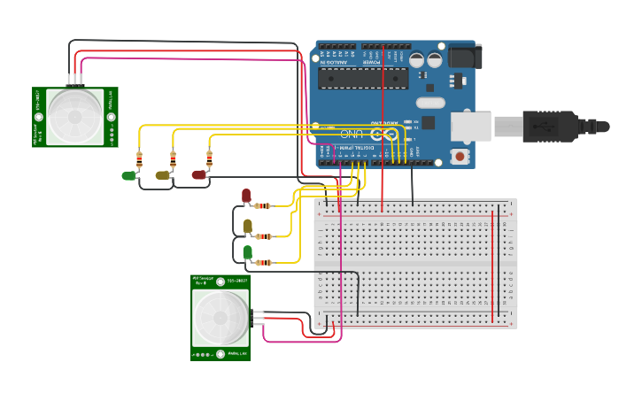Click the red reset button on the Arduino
point(460,157)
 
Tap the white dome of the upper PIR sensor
point(74,116)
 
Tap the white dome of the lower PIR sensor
point(220,317)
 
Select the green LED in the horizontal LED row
point(129,175)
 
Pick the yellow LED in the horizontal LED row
point(163,175)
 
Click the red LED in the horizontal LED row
point(198,174)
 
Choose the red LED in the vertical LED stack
point(246,196)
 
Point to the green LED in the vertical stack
point(247,252)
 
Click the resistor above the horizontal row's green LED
point(139,160)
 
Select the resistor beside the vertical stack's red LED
point(263,206)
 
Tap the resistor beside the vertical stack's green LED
point(264,262)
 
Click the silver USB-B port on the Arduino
point(470,127)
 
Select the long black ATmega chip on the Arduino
point(363,78)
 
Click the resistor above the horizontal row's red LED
point(209,159)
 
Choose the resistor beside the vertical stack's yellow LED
point(264,236)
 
